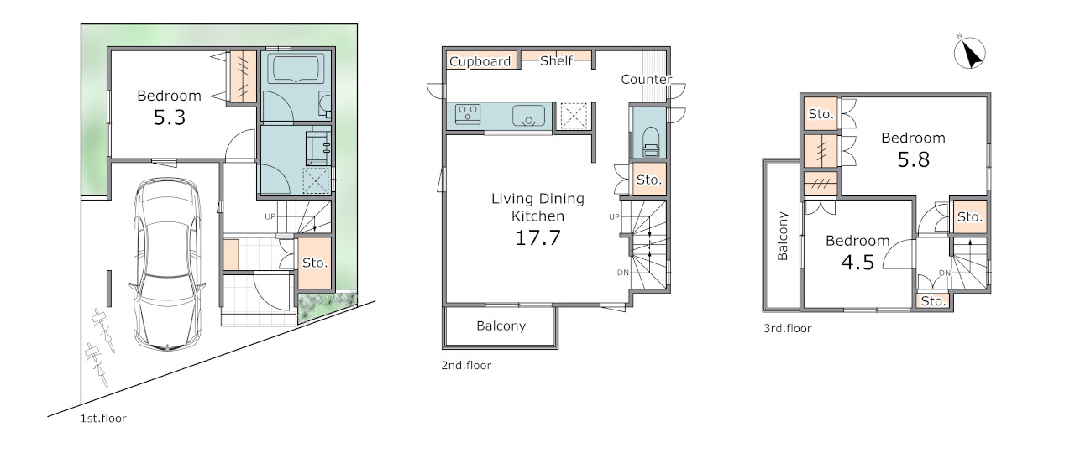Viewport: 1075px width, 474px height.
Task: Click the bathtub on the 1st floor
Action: (x=296, y=69)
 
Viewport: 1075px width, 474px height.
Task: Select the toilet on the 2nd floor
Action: (x=650, y=142)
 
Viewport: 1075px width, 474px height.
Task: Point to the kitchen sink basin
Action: (x=528, y=115)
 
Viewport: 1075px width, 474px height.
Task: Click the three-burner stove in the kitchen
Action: (x=468, y=115)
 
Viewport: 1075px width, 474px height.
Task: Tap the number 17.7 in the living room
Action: (x=537, y=237)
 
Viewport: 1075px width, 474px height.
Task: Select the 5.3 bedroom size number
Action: (x=169, y=117)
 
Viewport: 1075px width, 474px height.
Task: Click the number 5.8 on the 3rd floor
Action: (x=913, y=159)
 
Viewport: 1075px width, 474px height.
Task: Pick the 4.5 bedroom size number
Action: (x=857, y=262)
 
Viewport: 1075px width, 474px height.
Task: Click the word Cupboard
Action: (x=480, y=61)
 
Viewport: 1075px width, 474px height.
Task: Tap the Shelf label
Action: (x=556, y=60)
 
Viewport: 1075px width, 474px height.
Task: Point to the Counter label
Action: (x=646, y=79)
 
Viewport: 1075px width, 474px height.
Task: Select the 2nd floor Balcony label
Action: (x=501, y=326)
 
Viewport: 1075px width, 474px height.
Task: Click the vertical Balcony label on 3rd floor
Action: (x=783, y=236)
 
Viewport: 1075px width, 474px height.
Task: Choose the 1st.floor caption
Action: (x=103, y=419)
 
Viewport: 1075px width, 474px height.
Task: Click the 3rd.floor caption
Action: (x=788, y=328)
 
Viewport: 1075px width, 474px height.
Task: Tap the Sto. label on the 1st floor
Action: (x=315, y=263)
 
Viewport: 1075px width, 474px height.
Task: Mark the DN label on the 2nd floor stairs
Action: (x=623, y=273)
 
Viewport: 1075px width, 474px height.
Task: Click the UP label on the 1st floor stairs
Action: (x=270, y=216)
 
